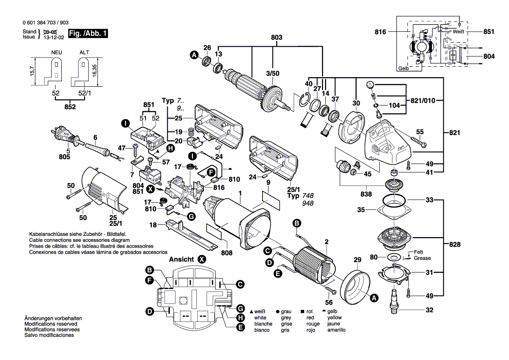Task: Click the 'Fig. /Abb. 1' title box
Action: (89, 34)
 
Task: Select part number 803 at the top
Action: (276, 38)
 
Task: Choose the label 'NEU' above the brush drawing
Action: (56, 52)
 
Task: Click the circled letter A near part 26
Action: (194, 55)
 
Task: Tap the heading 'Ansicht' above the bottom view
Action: (182, 259)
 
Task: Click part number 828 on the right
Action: (454, 245)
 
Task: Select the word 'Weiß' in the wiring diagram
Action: (458, 32)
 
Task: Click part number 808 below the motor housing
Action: (227, 252)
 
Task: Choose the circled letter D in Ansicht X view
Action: (149, 311)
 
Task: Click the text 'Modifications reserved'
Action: (51, 324)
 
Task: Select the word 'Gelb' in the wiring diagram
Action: (404, 68)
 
